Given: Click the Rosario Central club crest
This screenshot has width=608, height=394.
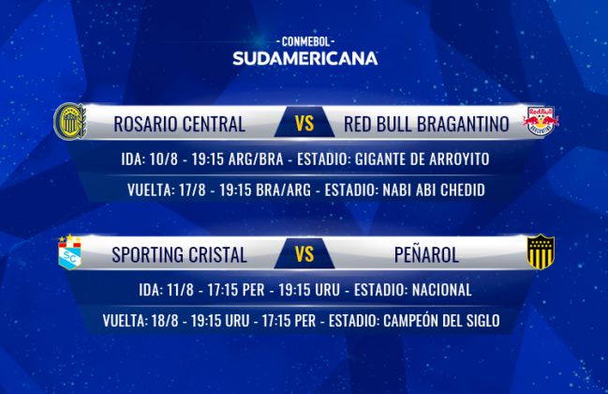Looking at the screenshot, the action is coord(70,121).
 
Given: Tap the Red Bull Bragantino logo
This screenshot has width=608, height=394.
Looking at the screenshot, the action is coord(541,122).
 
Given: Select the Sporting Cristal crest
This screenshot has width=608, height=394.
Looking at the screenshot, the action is coord(70,252).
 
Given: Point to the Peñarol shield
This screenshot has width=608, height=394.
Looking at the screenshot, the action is coord(541,251).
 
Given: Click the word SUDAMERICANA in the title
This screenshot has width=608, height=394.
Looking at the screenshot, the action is coord(305,58).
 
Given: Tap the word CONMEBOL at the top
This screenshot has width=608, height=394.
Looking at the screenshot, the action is coord(305,41).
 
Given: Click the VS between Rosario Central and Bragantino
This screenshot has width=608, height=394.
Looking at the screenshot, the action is coord(304,124).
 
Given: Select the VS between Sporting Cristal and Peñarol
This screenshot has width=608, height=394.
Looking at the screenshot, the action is coord(304,254).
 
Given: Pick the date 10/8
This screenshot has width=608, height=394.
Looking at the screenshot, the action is coord(163,159).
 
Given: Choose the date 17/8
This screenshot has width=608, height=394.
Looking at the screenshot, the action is coord(192,190).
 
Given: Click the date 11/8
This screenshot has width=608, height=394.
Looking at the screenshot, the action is coord(180,290).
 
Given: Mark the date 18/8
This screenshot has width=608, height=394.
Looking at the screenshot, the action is coord(165,321).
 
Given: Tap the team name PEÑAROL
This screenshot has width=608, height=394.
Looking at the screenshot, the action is coord(426,254).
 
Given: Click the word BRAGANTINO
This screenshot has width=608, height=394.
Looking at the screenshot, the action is coord(463,124).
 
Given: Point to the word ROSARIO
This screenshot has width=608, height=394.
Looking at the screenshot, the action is coord(145,124).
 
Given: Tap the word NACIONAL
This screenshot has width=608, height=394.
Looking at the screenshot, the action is coord(441,290).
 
